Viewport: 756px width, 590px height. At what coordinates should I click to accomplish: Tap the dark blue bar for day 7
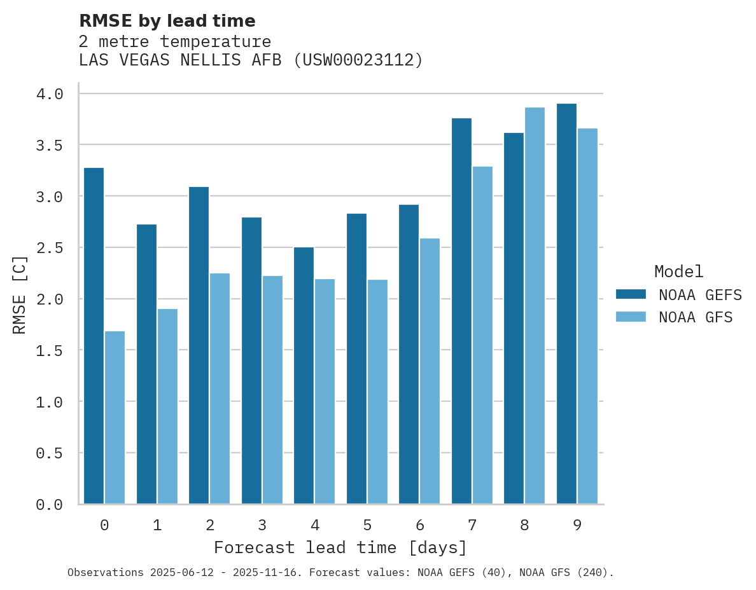461,311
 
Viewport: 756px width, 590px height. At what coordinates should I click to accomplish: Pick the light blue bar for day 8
535,305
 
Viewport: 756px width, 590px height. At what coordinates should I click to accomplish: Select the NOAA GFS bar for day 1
167,406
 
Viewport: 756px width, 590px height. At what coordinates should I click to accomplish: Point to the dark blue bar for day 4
304,375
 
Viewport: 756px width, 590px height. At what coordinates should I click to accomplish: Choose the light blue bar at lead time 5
377,392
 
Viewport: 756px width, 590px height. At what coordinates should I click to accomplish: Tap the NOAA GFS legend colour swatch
631,317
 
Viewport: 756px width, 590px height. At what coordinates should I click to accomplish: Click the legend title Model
678,271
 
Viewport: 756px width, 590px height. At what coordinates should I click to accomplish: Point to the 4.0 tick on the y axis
50,94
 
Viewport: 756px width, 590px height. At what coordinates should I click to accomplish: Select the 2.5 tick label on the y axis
50,248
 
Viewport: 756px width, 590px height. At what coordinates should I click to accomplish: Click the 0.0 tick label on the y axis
50,505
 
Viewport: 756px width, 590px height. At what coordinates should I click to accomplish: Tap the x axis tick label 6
419,525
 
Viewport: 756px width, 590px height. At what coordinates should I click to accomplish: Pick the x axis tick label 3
262,525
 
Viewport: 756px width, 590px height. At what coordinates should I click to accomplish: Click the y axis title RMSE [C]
20,294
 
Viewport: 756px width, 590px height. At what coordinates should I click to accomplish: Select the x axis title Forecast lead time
340,547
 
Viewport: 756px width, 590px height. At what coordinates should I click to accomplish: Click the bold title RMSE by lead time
167,21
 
